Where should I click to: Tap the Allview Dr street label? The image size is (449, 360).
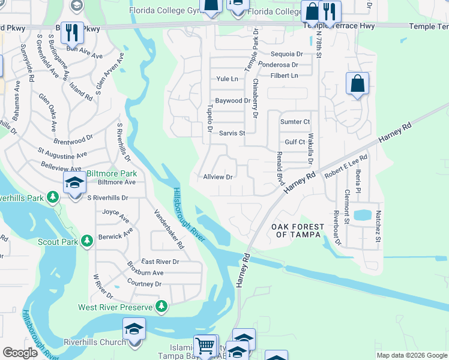click(x=217, y=177)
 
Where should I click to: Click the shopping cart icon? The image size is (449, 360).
click(x=205, y=346)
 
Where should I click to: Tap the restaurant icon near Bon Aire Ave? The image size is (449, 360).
click(x=72, y=32)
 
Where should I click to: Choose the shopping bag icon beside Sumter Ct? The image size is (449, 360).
click(x=357, y=84)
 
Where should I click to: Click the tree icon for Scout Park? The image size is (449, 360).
click(x=87, y=241)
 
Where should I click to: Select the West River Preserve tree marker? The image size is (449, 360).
click(x=161, y=307)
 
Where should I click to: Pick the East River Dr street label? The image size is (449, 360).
click(x=160, y=262)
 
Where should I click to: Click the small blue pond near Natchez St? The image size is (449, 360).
click(x=363, y=215)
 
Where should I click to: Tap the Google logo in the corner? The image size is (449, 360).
click(x=20, y=353)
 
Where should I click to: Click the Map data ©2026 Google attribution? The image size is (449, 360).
click(x=412, y=355)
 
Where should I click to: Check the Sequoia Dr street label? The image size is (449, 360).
click(x=282, y=54)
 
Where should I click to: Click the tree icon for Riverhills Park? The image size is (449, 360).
click(x=53, y=197)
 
